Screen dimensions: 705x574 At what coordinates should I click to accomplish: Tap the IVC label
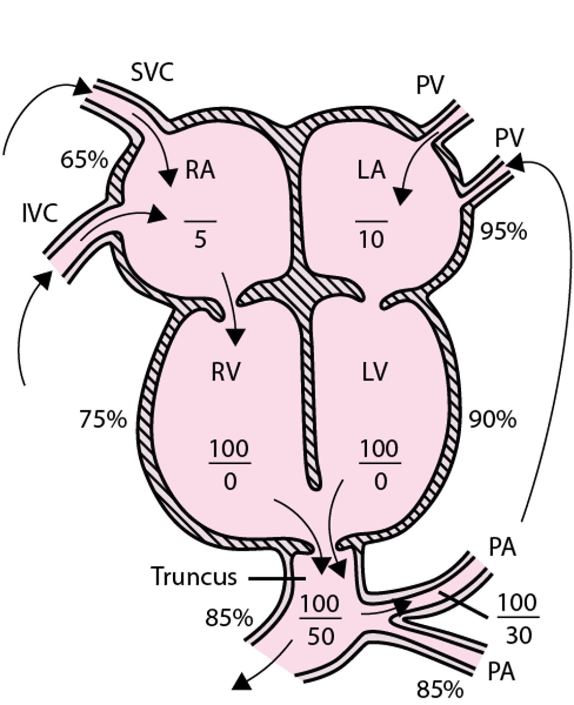(40, 214)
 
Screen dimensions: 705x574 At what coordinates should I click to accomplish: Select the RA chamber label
(200, 171)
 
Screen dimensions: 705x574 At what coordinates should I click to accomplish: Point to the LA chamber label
(371, 171)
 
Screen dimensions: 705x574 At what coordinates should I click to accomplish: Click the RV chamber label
(225, 372)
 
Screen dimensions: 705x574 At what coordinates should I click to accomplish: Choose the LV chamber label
(375, 372)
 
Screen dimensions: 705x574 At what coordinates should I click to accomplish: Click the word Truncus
(193, 576)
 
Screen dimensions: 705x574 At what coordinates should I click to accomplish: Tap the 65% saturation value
(84, 159)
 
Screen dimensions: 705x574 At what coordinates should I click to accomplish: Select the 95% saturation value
(503, 231)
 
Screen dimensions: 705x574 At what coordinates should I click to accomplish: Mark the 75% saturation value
(103, 419)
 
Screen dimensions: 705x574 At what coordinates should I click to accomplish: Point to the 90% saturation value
(492, 419)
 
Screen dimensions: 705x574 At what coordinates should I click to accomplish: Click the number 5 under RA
(200, 240)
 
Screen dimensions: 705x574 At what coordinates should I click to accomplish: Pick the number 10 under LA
(371, 240)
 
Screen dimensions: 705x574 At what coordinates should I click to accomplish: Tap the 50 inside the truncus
(320, 635)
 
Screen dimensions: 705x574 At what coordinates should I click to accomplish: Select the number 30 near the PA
(518, 635)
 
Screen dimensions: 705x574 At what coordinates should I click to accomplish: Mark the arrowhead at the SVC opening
(83, 87)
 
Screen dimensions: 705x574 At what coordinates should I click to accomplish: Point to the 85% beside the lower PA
(439, 690)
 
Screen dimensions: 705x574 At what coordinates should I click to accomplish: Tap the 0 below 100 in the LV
(380, 482)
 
